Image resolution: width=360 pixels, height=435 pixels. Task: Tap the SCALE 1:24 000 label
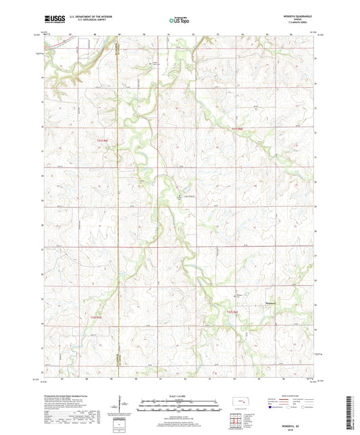pyautogui.click(x=180, y=395)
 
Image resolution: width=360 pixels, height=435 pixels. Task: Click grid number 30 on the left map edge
pyautogui.click(x=43, y=175)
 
